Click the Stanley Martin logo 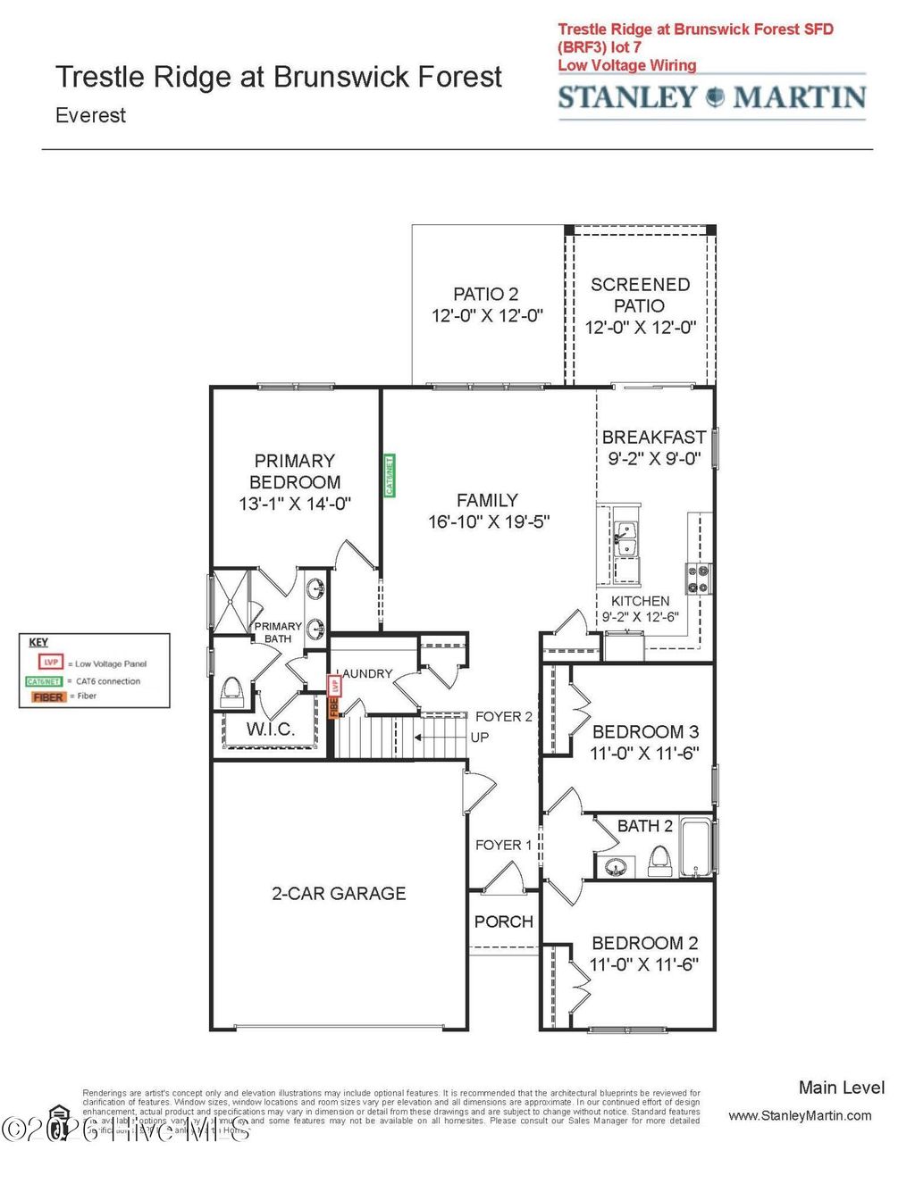click(x=712, y=97)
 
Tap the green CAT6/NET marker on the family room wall click(x=390, y=475)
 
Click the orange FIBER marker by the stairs click(x=334, y=707)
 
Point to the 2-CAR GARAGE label click(x=339, y=894)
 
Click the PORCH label click(x=503, y=921)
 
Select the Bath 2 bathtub click(x=695, y=846)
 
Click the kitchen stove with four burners click(x=698, y=579)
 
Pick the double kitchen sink click(x=625, y=539)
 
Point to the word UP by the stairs click(x=480, y=738)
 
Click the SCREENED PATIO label click(x=640, y=295)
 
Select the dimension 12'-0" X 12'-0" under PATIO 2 click(x=487, y=316)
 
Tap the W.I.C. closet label click(x=270, y=730)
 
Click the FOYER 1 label click(x=503, y=845)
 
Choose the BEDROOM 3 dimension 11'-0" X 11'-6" click(x=644, y=754)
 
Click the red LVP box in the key click(x=51, y=663)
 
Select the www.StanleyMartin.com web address click(x=800, y=1115)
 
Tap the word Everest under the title click(x=90, y=115)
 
